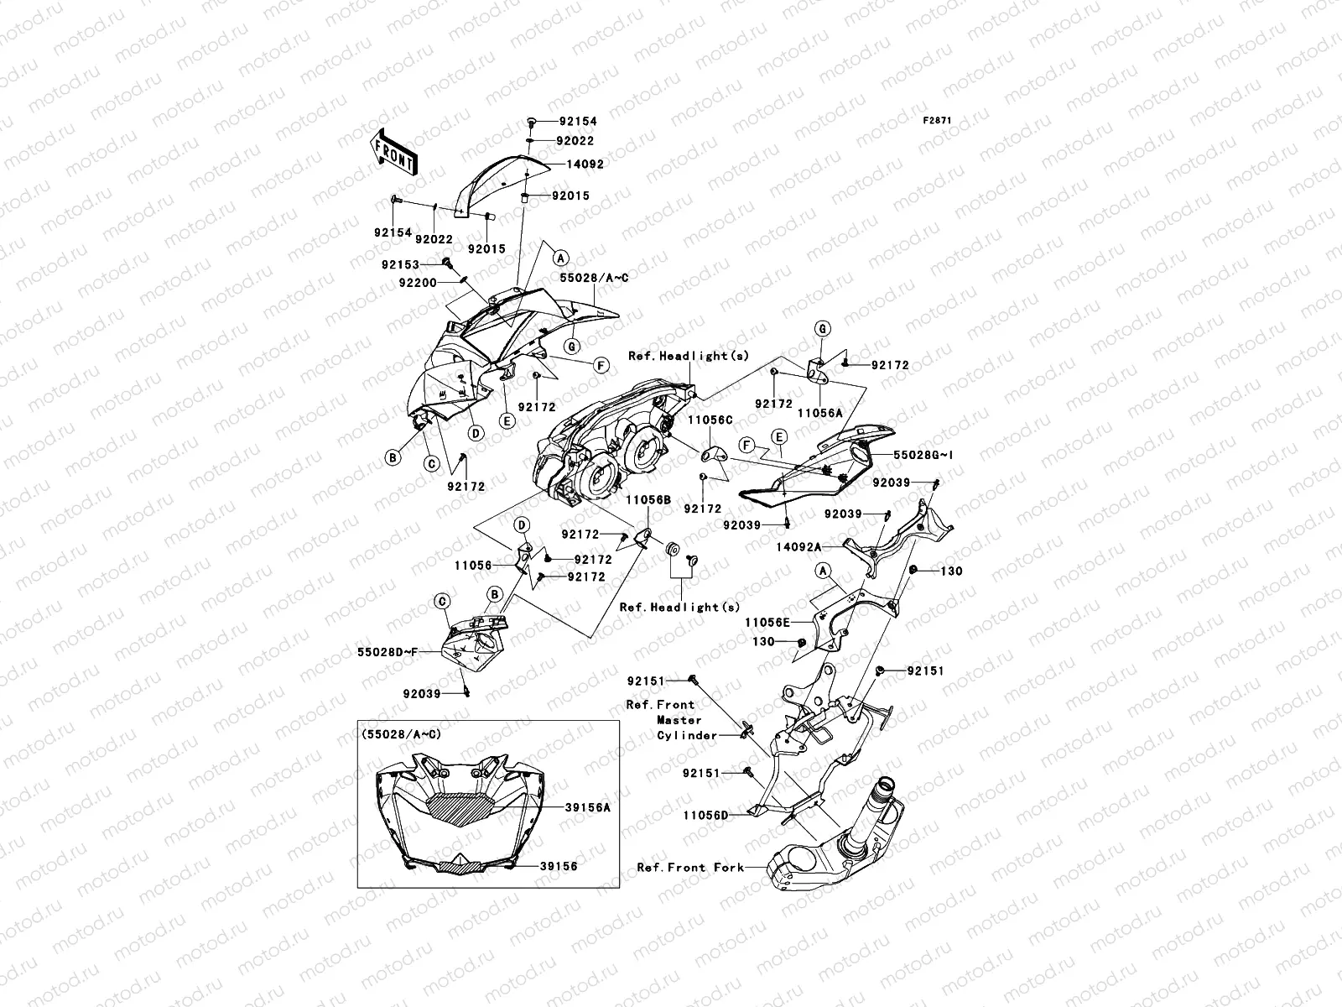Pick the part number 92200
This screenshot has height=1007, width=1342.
[419, 283]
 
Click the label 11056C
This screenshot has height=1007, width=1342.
[711, 419]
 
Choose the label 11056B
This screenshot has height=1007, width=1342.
[648, 499]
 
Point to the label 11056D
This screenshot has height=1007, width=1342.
[705, 814]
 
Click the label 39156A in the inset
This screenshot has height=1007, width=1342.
[587, 806]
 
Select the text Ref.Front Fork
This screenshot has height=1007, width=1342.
[690, 868]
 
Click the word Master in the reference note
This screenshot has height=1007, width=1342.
[679, 720]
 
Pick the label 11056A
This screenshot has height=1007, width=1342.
[819, 413]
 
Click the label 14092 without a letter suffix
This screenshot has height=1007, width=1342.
[585, 164]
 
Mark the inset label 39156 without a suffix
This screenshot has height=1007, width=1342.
[559, 867]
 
